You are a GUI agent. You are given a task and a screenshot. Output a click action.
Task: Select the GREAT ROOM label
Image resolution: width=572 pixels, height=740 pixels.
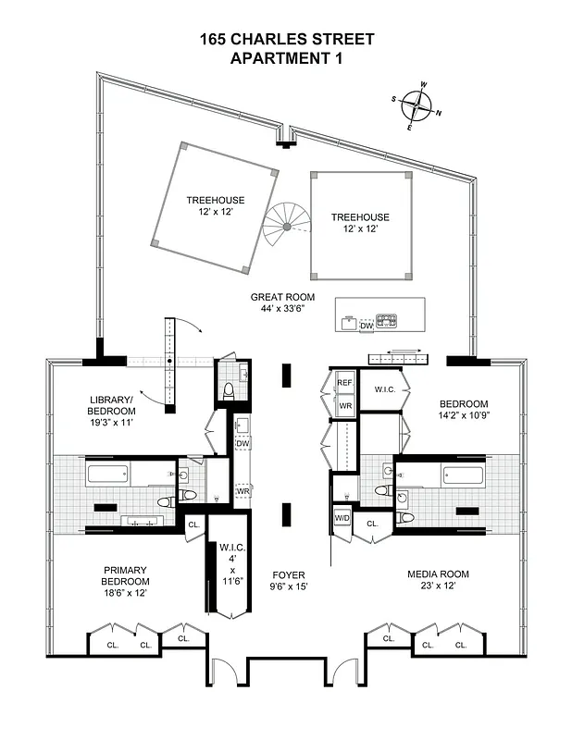pyautogui.click(x=282, y=298)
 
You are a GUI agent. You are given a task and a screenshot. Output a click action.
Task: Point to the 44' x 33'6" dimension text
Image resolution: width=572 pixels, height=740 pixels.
pyautogui.click(x=282, y=310)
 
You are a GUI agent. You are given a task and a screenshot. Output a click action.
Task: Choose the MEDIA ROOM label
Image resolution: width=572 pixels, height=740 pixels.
pyautogui.click(x=433, y=573)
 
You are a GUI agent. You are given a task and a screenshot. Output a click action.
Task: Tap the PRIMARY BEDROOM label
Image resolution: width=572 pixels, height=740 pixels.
pyautogui.click(x=125, y=575)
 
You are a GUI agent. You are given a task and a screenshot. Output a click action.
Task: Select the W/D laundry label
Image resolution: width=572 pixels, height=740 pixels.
pyautogui.click(x=342, y=518)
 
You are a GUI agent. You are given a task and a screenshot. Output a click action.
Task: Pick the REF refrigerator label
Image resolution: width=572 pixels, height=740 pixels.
pyautogui.click(x=344, y=382)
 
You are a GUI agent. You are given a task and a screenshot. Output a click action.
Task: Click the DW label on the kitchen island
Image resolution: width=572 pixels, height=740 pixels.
pyautogui.click(x=366, y=326)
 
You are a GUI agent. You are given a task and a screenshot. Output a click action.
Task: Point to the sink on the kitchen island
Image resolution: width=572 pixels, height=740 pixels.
pyautogui.click(x=348, y=323)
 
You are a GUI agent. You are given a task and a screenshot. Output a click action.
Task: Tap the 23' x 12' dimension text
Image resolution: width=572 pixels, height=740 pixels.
pyautogui.click(x=433, y=586)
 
